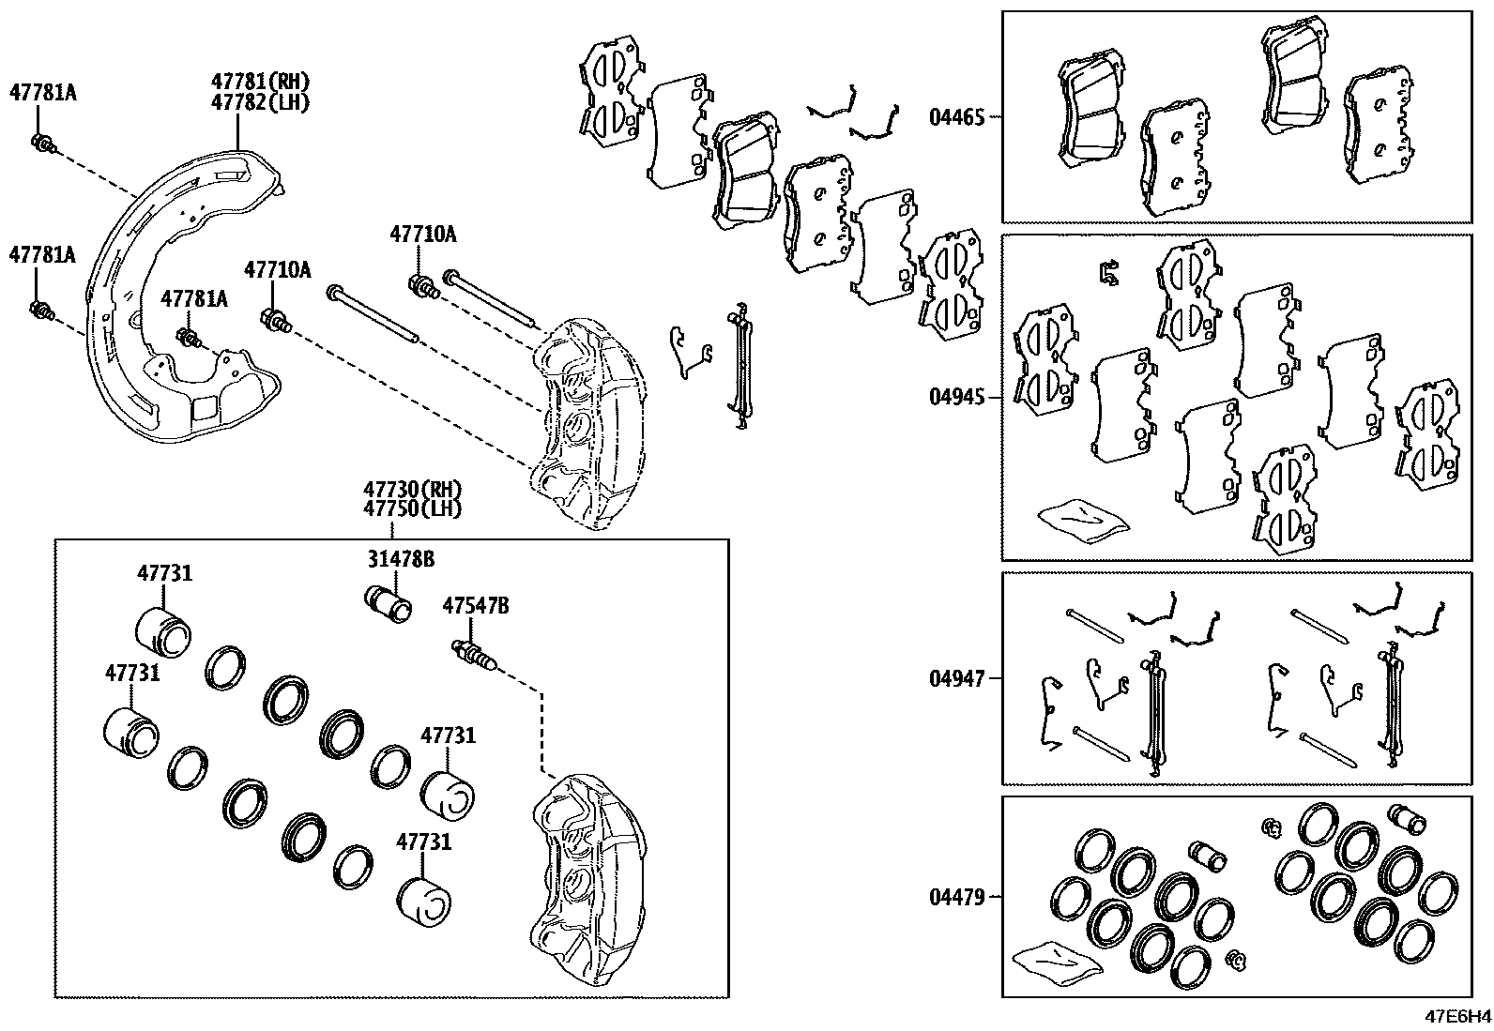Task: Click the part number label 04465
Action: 956,117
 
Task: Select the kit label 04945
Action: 956,396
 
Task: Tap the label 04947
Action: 956,677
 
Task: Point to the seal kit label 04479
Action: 956,898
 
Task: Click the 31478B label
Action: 400,559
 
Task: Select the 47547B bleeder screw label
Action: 476,607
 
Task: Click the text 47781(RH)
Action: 260,83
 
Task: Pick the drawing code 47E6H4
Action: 1456,1016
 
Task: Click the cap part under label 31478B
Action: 388,603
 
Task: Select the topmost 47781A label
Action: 42,92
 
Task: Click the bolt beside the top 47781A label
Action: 44,144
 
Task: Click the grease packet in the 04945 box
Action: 1081,516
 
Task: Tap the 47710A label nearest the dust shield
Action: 277,270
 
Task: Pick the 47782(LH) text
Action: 260,102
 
